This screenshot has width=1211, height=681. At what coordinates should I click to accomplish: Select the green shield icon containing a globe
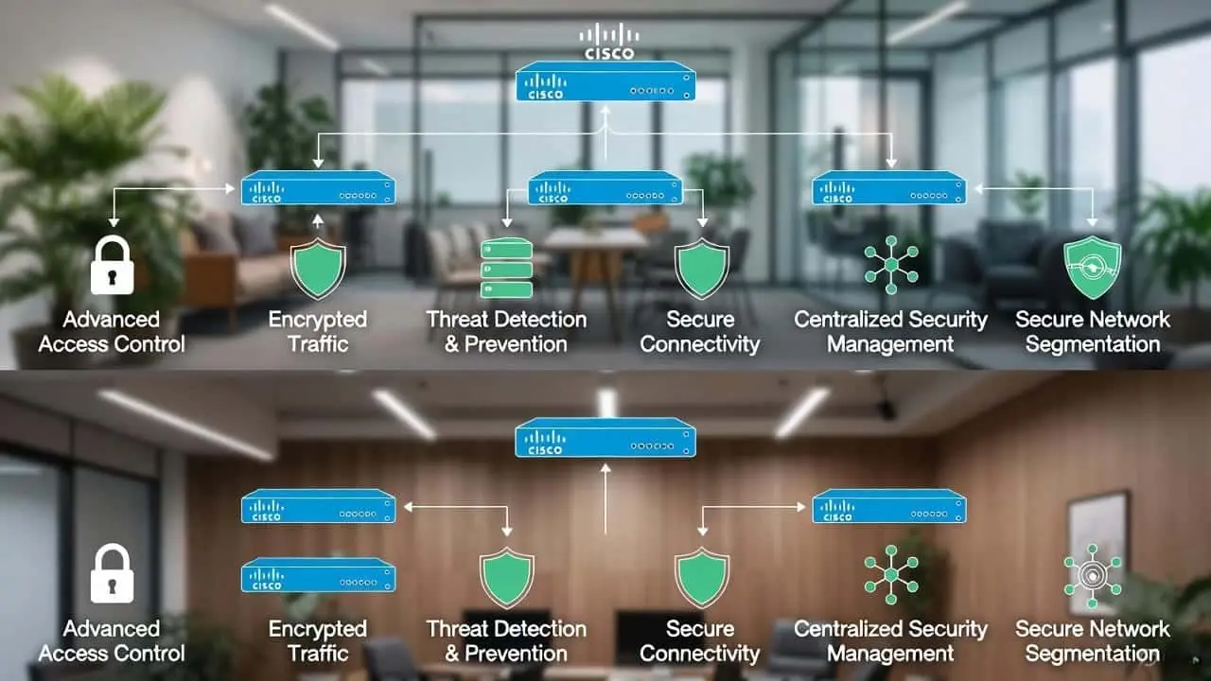coord(1092,268)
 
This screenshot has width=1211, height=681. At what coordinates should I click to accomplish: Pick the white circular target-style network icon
coord(1092,576)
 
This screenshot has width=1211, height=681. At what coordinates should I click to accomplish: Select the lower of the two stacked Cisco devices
coord(318,575)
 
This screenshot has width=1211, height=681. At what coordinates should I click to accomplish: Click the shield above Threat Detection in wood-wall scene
coord(506,577)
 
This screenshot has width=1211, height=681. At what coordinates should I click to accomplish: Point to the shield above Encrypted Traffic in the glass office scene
coord(317,269)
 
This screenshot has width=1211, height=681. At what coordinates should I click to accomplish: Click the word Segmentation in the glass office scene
coord(1092,344)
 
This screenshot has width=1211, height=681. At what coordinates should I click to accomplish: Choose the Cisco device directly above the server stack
coord(605,187)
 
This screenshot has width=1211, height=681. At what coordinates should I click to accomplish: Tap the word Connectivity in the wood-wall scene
coord(699,654)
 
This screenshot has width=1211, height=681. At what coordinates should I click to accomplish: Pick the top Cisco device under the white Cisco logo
coord(605,81)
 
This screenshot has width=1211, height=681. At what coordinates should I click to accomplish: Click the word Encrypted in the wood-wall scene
coord(317,629)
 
